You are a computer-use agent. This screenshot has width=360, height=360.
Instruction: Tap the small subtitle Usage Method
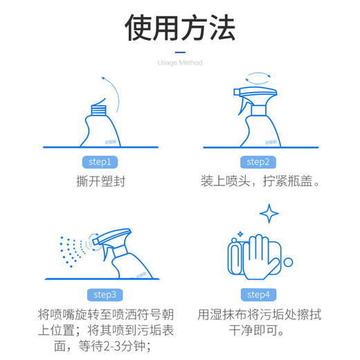pos(180,63)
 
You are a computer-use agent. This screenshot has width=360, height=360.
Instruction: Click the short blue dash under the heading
pos(180,51)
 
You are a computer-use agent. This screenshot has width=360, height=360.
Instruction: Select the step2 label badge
pos(258,162)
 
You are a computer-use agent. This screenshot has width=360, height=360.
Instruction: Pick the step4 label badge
pos(258,294)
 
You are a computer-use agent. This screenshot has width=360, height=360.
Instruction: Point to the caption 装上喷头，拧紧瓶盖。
pos(258,184)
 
